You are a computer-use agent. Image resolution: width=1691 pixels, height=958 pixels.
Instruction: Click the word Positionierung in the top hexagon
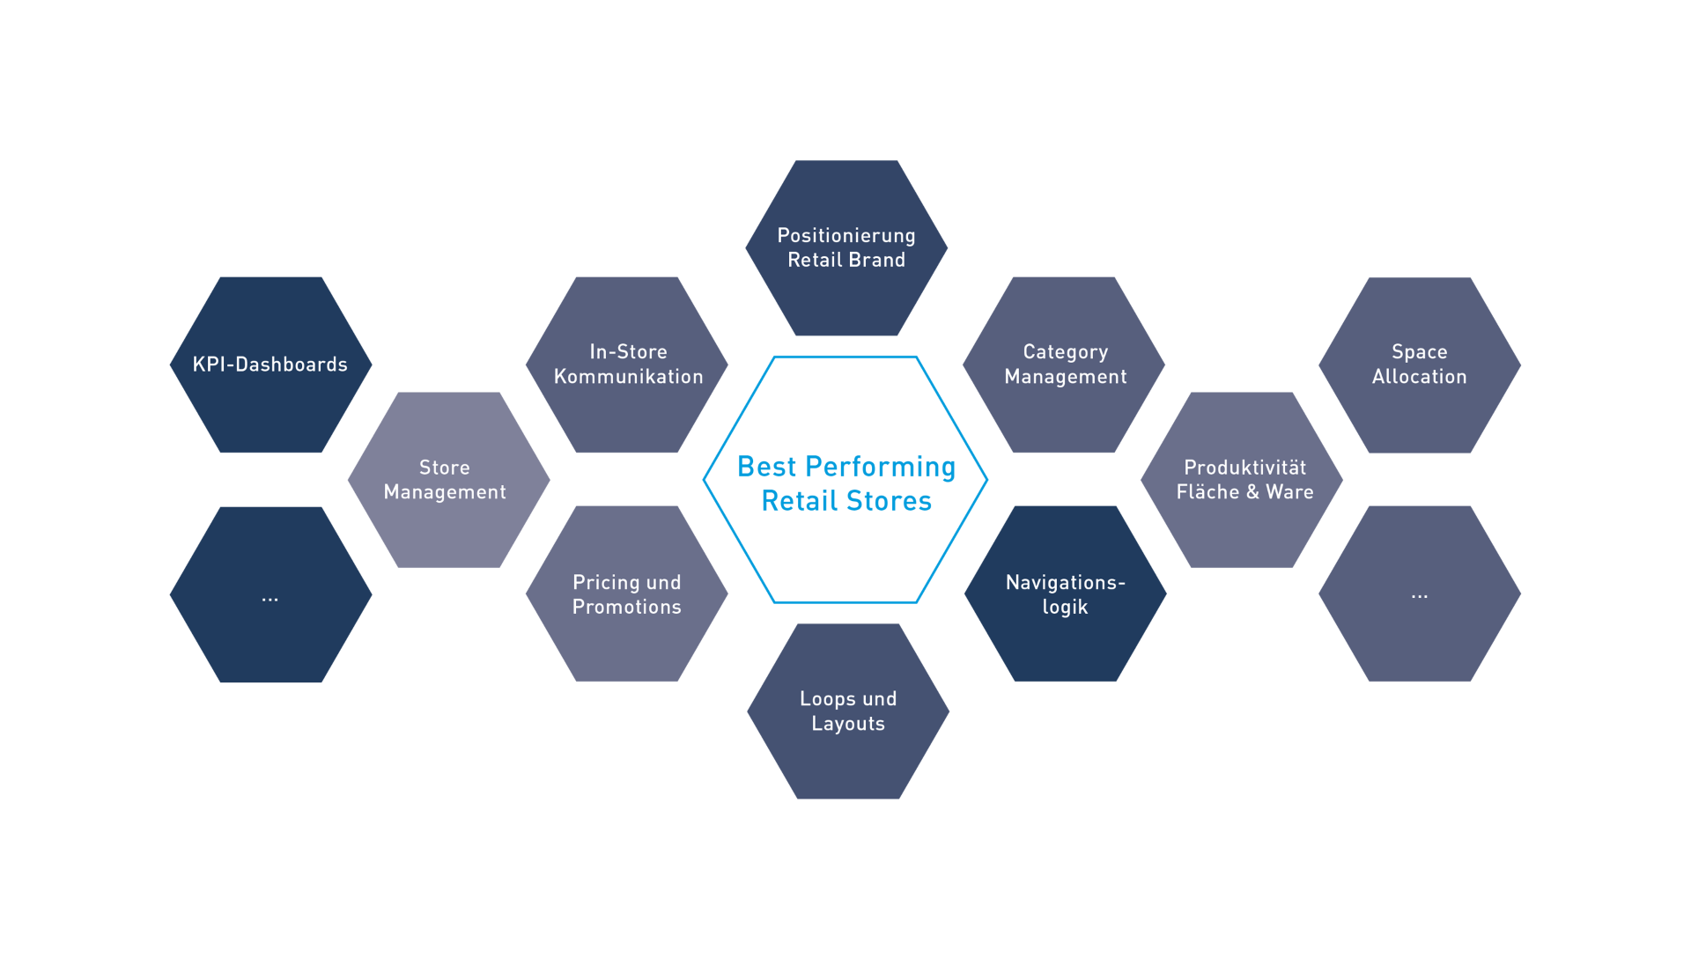click(x=845, y=236)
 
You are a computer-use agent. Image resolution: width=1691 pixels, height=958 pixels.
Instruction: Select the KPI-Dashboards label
click(x=270, y=365)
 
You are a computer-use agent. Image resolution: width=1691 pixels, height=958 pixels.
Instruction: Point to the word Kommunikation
click(x=628, y=377)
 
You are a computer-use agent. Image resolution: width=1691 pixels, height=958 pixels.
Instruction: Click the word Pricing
click(x=607, y=582)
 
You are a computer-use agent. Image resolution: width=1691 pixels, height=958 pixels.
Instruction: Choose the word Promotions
click(x=626, y=607)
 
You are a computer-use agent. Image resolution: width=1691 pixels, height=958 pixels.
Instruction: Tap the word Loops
click(x=828, y=698)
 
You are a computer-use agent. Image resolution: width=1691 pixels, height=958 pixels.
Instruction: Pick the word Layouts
click(x=847, y=724)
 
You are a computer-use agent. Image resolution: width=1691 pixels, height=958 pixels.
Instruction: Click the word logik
click(x=1065, y=608)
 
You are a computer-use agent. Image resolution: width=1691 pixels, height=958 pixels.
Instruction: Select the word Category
click(x=1065, y=352)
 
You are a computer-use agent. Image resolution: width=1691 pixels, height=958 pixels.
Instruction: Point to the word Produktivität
click(x=1244, y=468)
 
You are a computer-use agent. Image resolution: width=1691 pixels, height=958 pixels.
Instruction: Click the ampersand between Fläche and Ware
click(x=1252, y=492)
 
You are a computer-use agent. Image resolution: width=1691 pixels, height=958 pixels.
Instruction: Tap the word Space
click(x=1419, y=352)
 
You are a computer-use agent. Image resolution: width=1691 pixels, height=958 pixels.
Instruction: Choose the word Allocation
click(x=1419, y=377)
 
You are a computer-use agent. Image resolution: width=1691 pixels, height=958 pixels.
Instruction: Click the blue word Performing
click(x=880, y=467)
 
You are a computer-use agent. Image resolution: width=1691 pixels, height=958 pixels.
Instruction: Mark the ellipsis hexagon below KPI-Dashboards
click(x=270, y=594)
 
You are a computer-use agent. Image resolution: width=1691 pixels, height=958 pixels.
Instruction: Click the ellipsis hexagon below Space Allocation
click(x=1419, y=594)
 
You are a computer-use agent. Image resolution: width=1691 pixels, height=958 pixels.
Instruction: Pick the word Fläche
click(x=1207, y=492)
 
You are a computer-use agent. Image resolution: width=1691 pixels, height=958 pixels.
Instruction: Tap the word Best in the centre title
click(x=766, y=467)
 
